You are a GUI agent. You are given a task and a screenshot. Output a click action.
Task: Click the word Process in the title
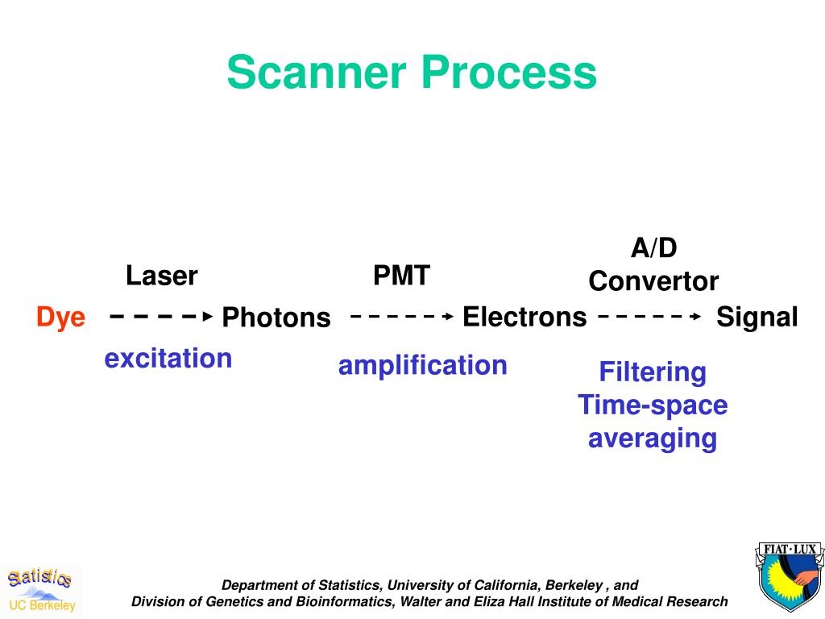(508, 73)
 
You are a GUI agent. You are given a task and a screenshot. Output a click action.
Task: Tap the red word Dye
(60, 317)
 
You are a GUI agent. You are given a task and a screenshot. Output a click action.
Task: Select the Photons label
(276, 318)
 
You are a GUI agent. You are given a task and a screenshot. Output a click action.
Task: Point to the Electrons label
(524, 317)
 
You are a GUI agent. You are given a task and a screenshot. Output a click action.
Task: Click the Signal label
(757, 317)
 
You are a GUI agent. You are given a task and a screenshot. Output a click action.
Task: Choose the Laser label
(161, 276)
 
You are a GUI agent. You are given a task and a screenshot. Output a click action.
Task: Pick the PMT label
(401, 276)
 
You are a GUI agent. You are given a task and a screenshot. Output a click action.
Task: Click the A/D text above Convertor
(653, 248)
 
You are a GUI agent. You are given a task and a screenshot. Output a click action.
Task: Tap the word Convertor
(653, 281)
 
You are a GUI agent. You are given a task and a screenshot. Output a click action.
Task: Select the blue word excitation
(168, 358)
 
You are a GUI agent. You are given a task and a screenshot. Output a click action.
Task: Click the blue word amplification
(422, 365)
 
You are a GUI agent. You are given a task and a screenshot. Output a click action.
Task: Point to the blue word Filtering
(653, 372)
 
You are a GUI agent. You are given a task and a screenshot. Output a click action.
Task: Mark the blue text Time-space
(653, 405)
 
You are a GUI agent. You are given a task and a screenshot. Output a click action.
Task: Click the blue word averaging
(653, 438)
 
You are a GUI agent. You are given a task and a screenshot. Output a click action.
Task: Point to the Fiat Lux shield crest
(790, 577)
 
